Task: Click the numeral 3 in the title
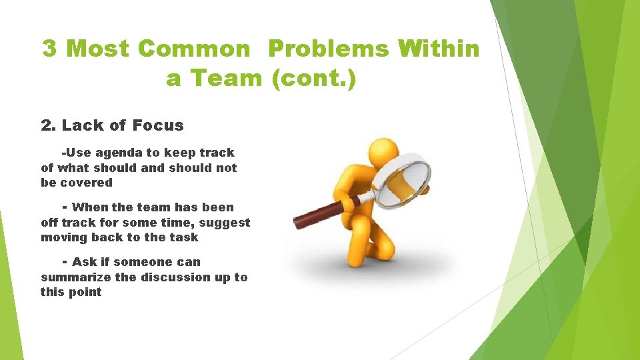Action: coord(50,49)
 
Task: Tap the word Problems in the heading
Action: coord(327,49)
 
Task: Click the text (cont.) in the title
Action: coord(314,79)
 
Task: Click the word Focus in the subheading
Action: coord(158,125)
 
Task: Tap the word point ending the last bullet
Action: coord(86,292)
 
